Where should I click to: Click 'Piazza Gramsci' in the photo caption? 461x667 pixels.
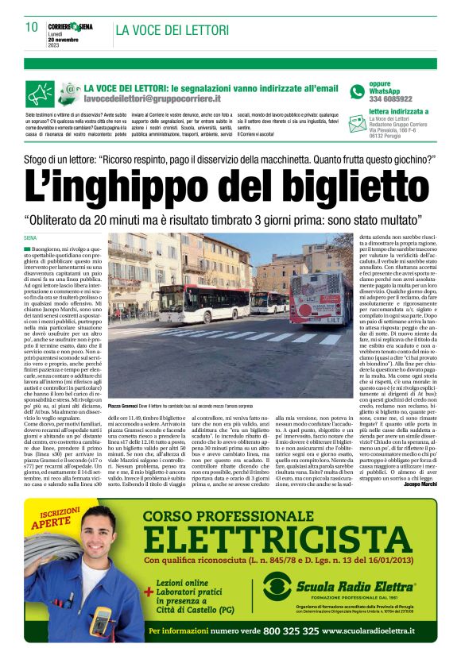click(124, 405)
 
